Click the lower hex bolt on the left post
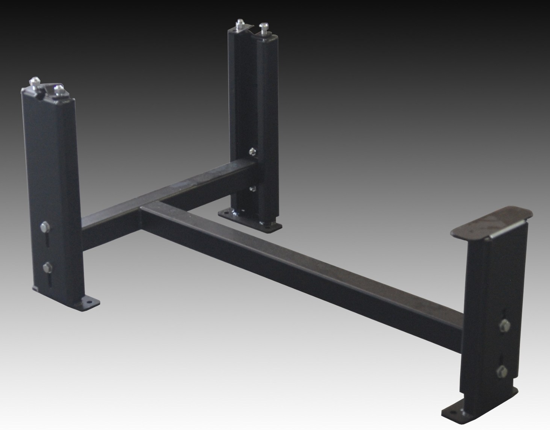click(47, 267)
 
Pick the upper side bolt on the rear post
click(252, 151)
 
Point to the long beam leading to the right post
click(301, 263)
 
